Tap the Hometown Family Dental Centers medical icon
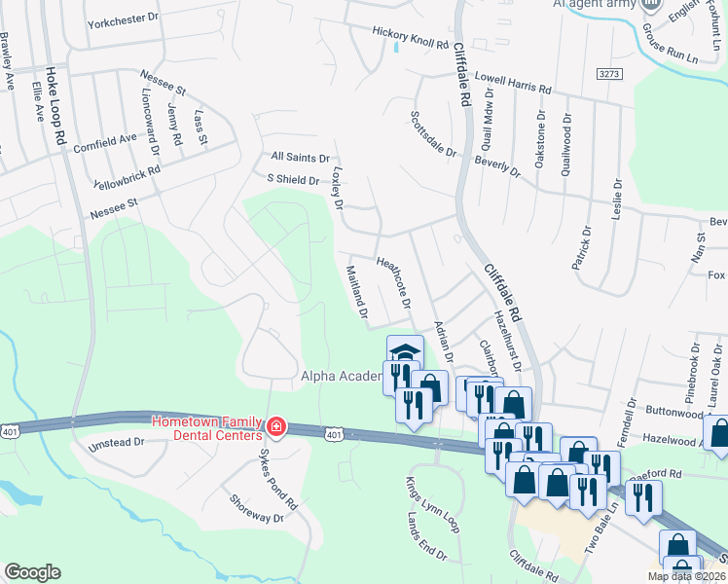coord(275,427)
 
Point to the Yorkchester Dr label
coord(122,18)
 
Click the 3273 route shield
coord(609,74)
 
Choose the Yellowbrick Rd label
coord(127,175)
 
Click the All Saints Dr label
coord(301,157)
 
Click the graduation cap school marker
coord(405,352)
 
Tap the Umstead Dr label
coord(116,442)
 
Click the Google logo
coord(33,572)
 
